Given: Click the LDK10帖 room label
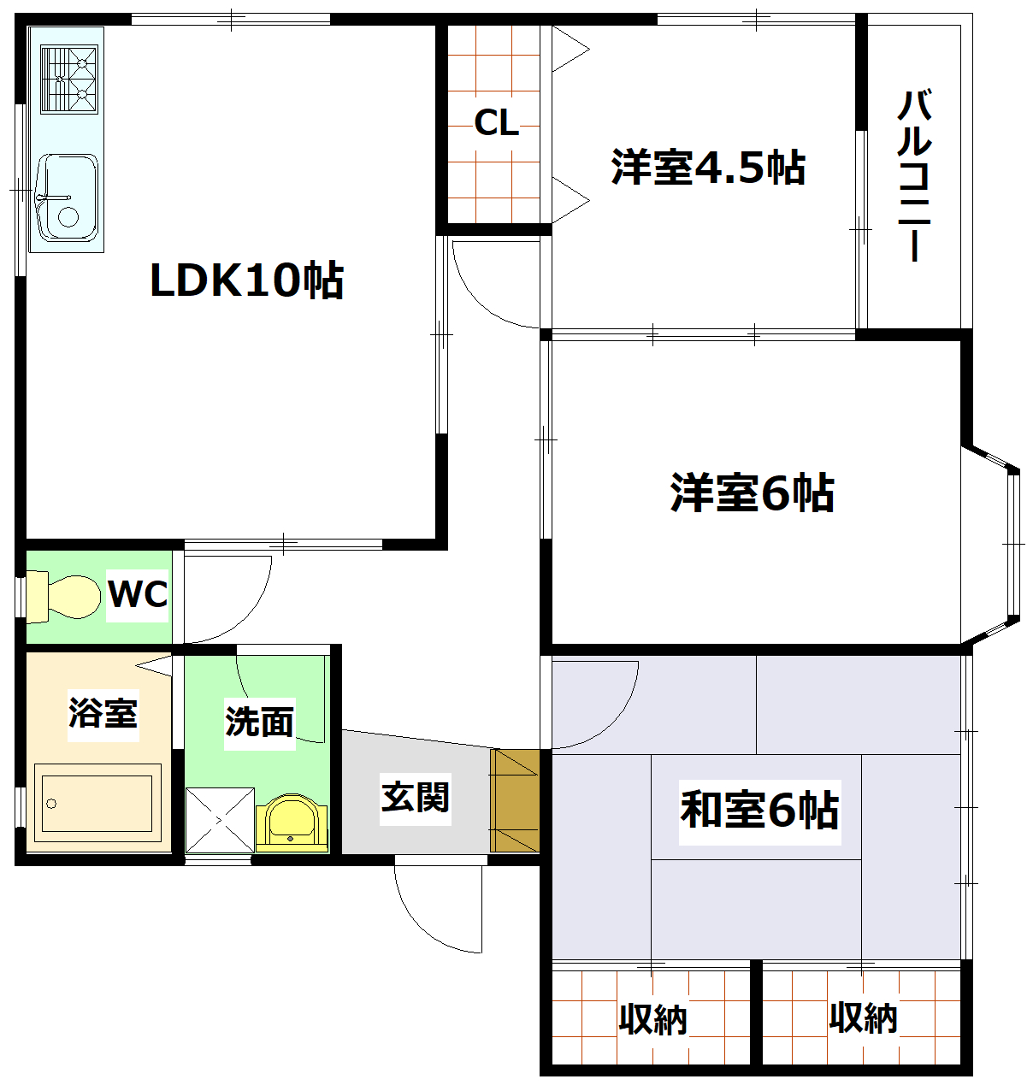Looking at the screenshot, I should [x=246, y=280].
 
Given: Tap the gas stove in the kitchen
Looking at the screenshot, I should [x=69, y=80].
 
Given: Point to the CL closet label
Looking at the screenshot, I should [x=496, y=123].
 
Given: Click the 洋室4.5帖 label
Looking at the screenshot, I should [x=708, y=168].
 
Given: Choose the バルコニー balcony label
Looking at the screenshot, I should [x=914, y=175].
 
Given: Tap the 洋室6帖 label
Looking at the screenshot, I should [x=752, y=492].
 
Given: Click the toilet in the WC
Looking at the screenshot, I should [x=64, y=596].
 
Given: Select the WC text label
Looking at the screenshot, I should [x=137, y=593].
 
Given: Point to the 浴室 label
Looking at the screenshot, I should [x=103, y=712].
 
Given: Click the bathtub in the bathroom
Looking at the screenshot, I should [x=97, y=803].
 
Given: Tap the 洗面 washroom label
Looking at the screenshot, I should [x=259, y=721].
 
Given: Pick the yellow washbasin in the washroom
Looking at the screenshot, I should [x=292, y=823].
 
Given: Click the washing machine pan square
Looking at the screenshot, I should [x=220, y=820].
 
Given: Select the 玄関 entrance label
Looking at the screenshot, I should [x=415, y=797].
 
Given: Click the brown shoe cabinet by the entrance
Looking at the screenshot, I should [x=515, y=800].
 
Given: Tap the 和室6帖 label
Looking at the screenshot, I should [x=759, y=809].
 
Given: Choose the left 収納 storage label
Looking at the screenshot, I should [x=652, y=1018].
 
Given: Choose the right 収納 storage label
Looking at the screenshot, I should [x=863, y=1017].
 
